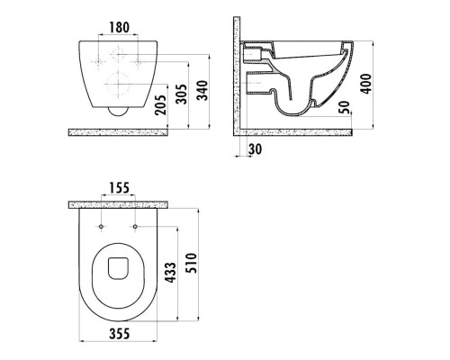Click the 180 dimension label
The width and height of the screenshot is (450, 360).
coord(119,27)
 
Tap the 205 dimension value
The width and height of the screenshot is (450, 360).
coord(161,104)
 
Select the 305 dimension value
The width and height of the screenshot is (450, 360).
coord(181,94)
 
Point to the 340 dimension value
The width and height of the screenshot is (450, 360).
coord(202,90)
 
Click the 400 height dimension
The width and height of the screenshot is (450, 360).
coord(365,84)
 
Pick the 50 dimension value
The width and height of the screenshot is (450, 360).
coord(345,107)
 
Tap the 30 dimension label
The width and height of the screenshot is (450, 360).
coord(255,149)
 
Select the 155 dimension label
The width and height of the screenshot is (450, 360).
coord(119,188)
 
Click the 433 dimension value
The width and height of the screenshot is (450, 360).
coord(171,273)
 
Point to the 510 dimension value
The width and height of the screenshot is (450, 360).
coord(191,263)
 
